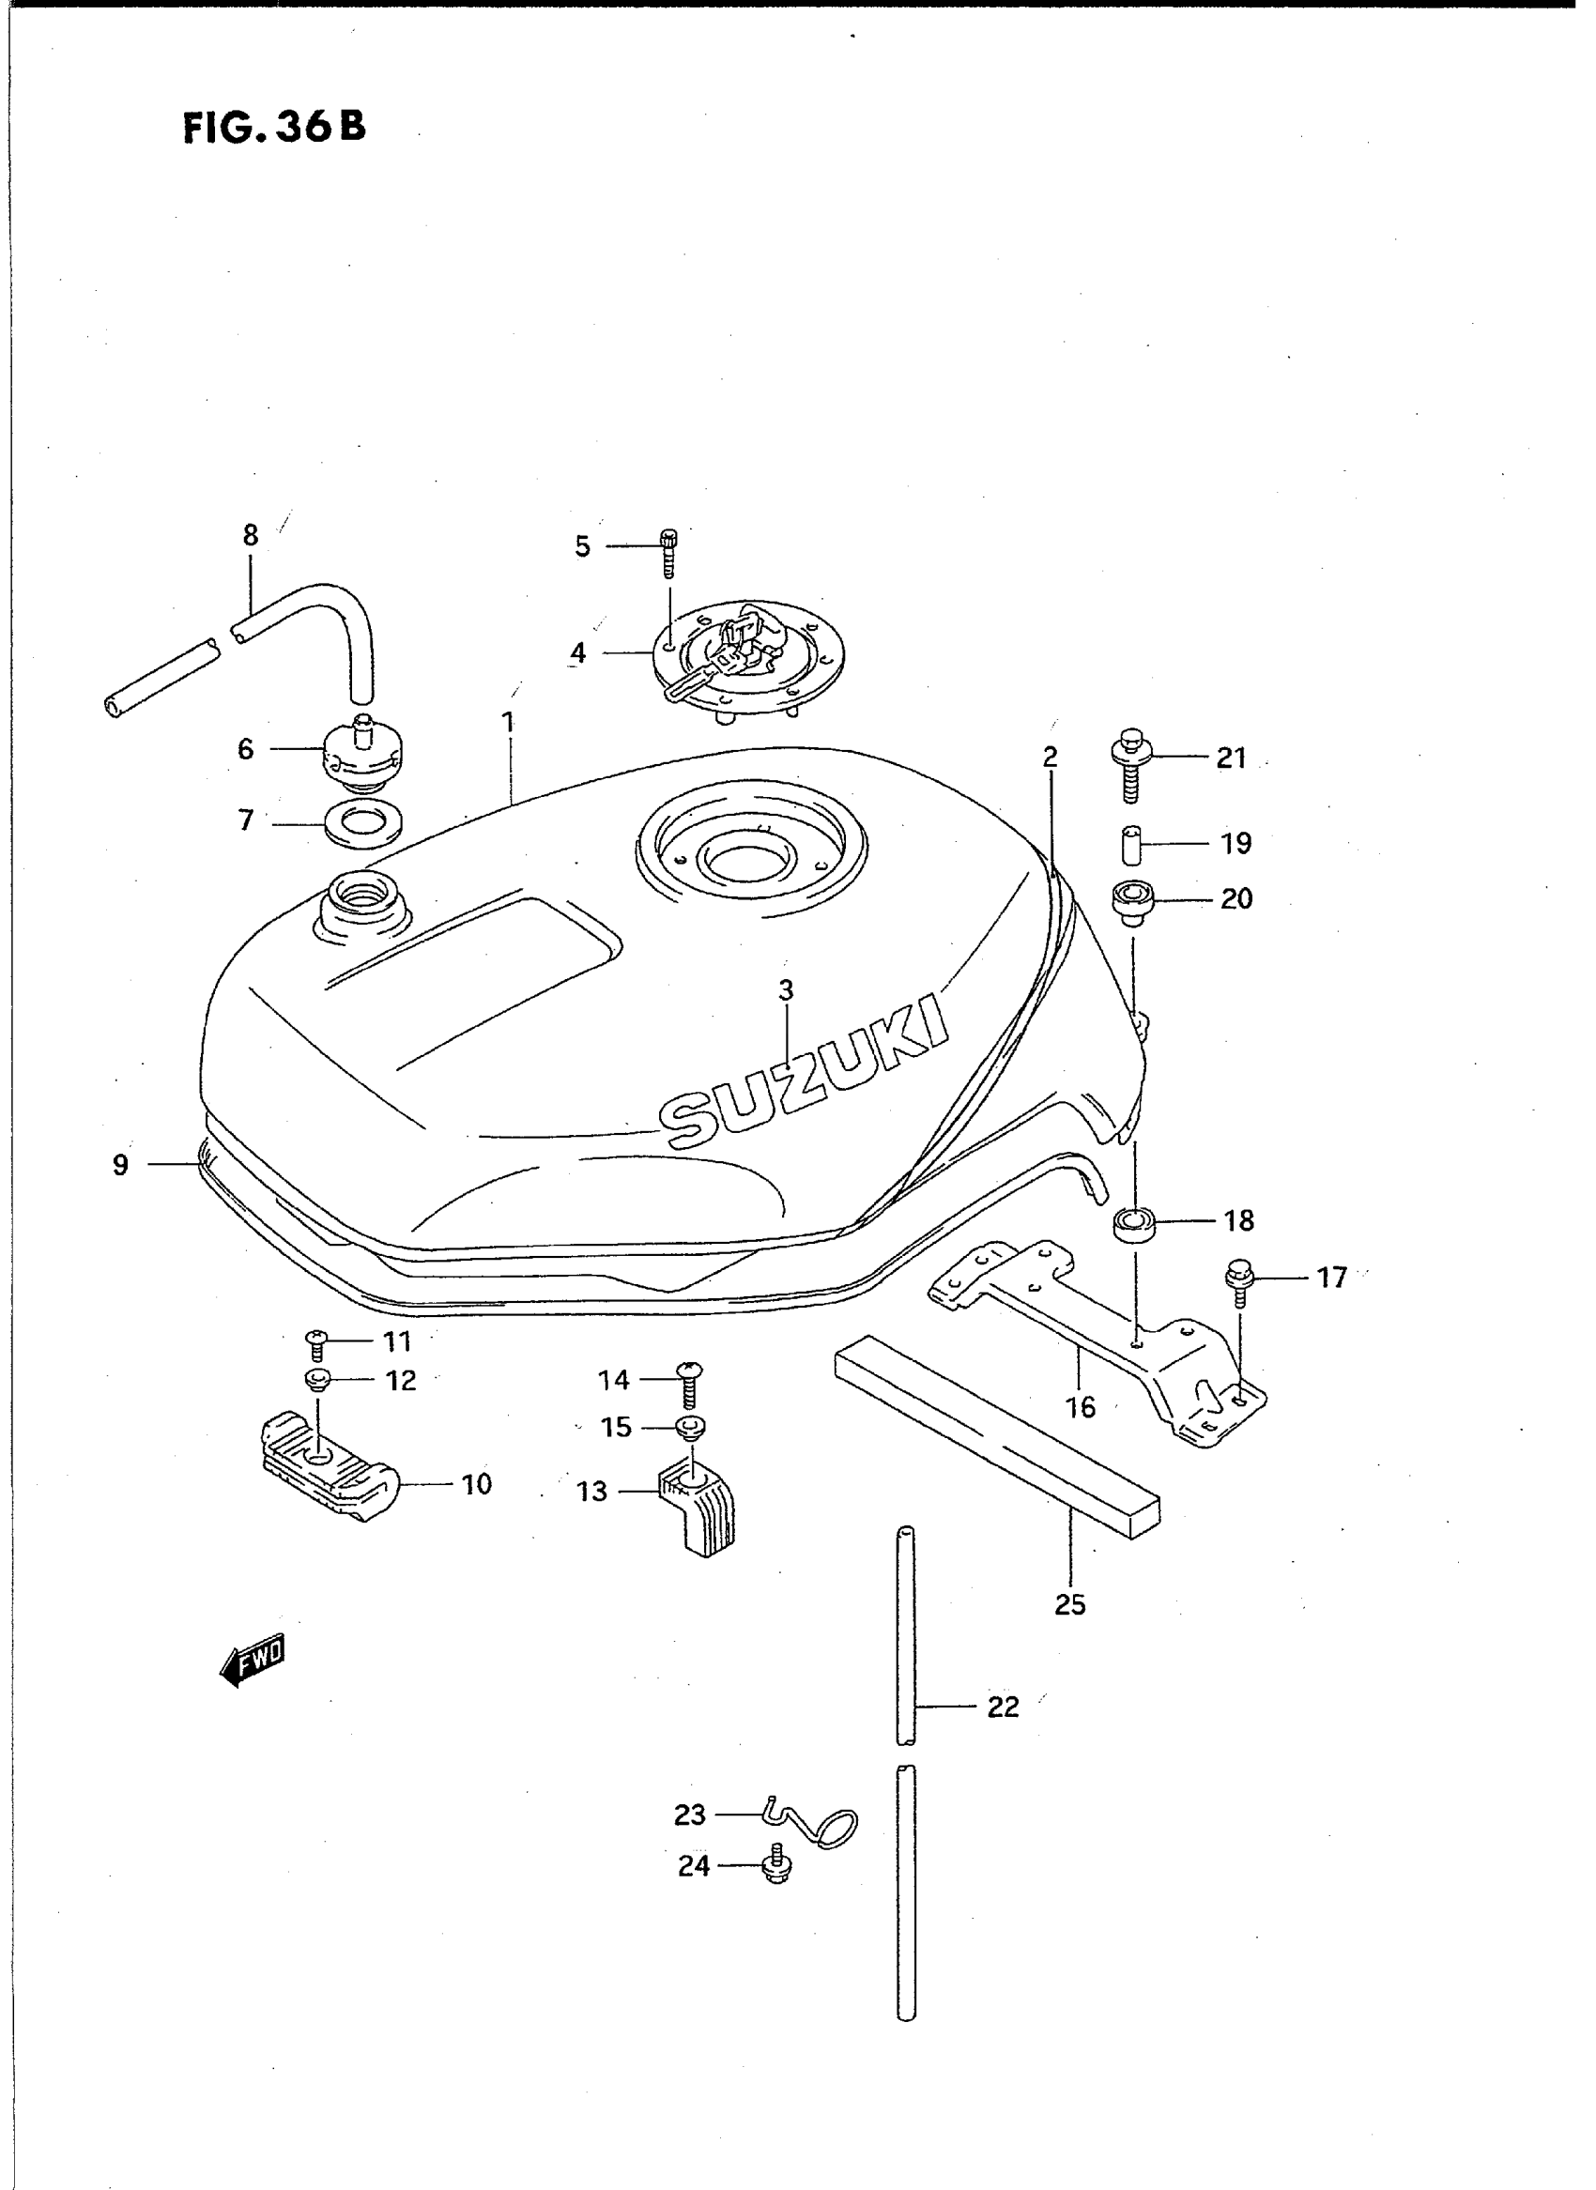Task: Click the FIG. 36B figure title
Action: click(x=274, y=127)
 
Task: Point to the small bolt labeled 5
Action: click(x=668, y=552)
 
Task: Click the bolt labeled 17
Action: click(x=1238, y=1282)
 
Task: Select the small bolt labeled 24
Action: click(x=775, y=1868)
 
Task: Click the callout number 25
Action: click(x=1070, y=1604)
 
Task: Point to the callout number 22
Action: click(x=1003, y=1708)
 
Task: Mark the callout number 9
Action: click(x=120, y=1165)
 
